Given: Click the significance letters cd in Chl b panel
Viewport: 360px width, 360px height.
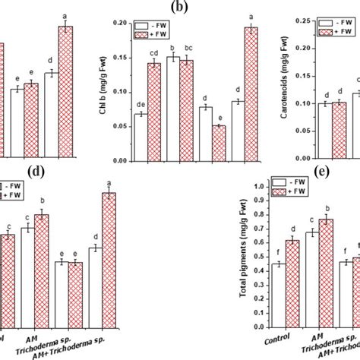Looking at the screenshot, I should point(153,52).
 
